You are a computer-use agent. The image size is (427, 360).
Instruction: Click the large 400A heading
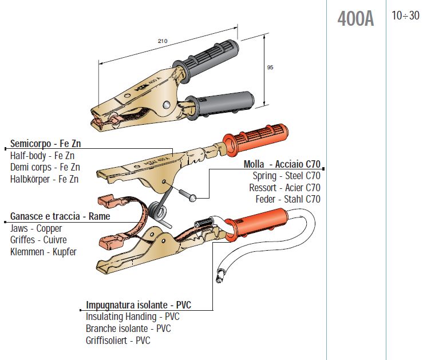355,19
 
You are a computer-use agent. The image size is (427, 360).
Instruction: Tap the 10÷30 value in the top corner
405,16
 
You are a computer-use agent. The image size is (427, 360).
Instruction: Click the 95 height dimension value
270,67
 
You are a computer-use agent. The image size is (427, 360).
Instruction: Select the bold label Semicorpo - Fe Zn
45,143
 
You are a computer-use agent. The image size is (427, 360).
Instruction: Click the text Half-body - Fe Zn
43,155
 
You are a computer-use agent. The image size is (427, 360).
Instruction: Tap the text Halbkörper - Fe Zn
45,179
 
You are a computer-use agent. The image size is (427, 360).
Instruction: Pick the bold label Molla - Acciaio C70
282,164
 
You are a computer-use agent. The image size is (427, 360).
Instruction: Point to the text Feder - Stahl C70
288,199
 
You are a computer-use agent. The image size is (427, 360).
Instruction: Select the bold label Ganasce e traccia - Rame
60,216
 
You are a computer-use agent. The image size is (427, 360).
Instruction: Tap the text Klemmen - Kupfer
44,251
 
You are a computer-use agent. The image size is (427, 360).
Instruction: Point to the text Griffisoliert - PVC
118,340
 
